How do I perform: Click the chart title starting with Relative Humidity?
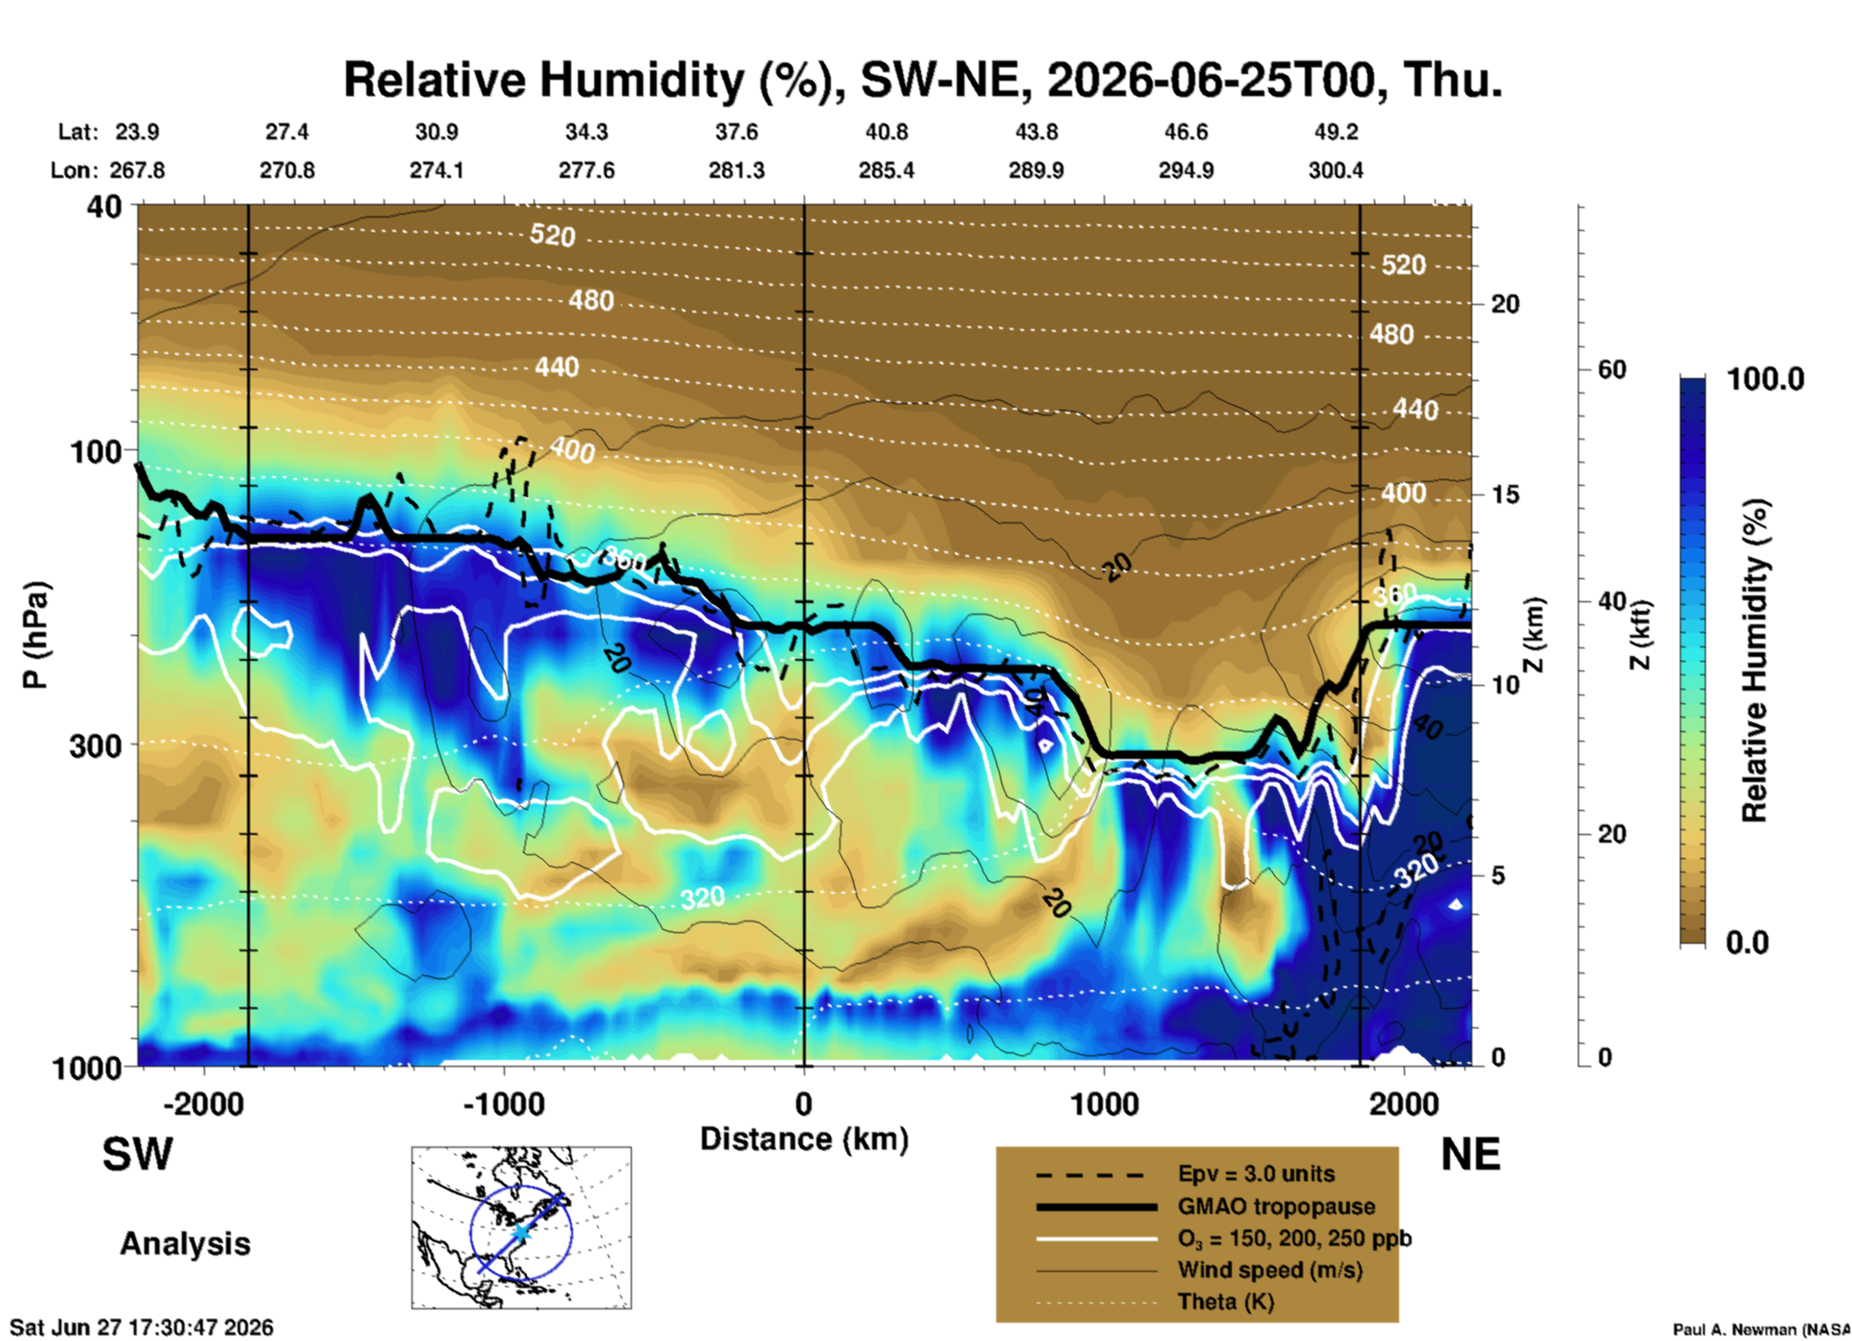922,80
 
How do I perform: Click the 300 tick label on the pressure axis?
95,746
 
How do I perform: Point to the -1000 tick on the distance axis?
503,1103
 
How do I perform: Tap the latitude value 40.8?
886,132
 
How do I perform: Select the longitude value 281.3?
737,170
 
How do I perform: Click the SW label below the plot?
138,1154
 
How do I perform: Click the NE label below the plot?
1470,1154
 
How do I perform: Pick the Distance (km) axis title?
804,1139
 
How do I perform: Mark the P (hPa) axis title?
35,635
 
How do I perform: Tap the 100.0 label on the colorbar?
1765,379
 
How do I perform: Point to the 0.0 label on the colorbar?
1747,942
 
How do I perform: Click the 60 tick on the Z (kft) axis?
1612,369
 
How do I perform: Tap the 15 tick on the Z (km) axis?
1505,494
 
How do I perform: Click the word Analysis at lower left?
185,1244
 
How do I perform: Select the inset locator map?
521,1227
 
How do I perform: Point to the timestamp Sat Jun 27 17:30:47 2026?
141,1328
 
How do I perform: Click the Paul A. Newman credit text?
1762,1329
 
